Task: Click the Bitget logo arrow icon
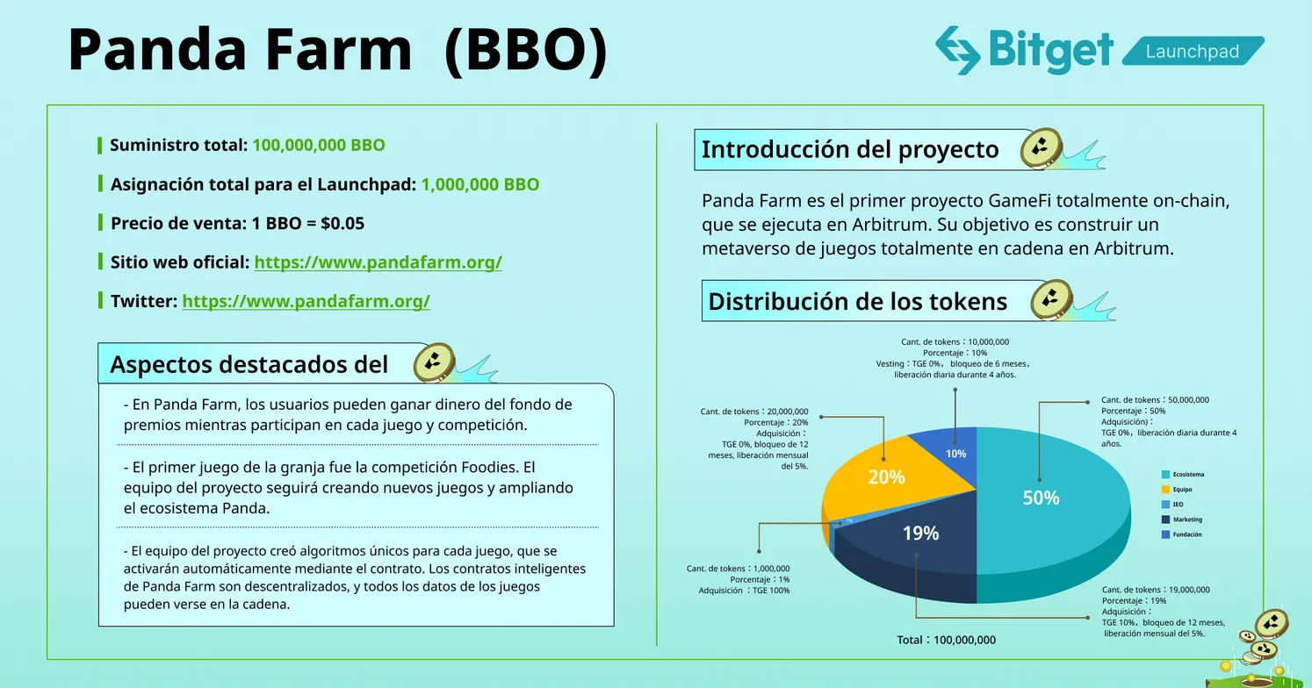click(957, 49)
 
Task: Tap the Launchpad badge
click(1192, 52)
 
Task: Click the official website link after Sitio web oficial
click(378, 262)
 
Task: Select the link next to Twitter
click(306, 301)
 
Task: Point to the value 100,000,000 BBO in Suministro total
click(318, 145)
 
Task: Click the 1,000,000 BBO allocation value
click(479, 184)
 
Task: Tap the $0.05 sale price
click(342, 223)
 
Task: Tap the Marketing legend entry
click(1186, 520)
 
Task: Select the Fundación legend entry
click(1186, 534)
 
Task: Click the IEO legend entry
click(1177, 505)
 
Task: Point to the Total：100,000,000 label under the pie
click(946, 640)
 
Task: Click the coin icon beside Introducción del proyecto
click(1042, 148)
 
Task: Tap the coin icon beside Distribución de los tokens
click(1051, 301)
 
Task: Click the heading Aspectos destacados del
click(249, 364)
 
